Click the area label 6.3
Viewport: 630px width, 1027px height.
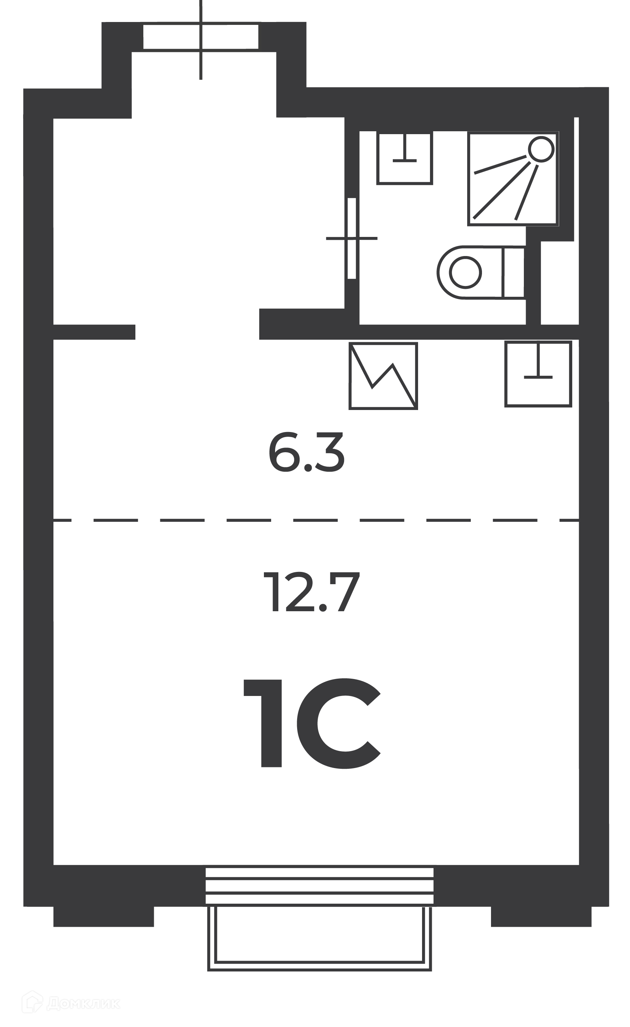[x=306, y=453]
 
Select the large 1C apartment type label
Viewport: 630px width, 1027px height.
[x=312, y=723]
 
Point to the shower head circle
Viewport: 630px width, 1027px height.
[x=541, y=149]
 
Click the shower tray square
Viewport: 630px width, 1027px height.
[x=513, y=179]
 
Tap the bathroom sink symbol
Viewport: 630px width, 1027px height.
[x=404, y=158]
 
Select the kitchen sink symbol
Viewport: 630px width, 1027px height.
[x=538, y=374]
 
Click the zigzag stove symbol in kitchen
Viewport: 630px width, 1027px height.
[x=383, y=376]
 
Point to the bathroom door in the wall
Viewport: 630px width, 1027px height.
[x=352, y=238]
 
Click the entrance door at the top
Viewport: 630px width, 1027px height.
[x=201, y=38]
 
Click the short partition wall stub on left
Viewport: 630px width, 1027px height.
[x=94, y=332]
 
